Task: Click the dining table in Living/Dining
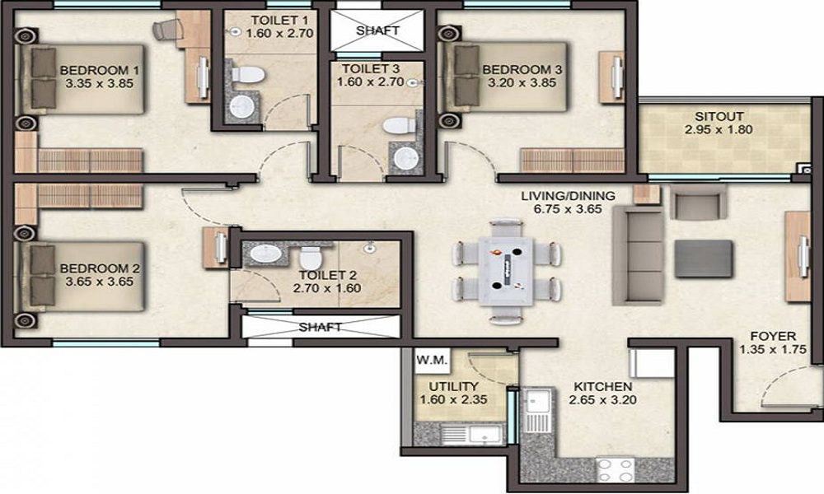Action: tap(508, 271)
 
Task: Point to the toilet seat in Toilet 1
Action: tap(247, 76)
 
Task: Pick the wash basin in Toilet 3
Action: tap(405, 157)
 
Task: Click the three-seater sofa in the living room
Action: tap(638, 245)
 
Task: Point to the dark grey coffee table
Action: tap(703, 258)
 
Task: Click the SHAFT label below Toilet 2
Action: tap(320, 327)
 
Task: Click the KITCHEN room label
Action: tap(602, 386)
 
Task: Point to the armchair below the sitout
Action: tap(697, 201)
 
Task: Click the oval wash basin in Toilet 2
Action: tap(266, 254)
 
